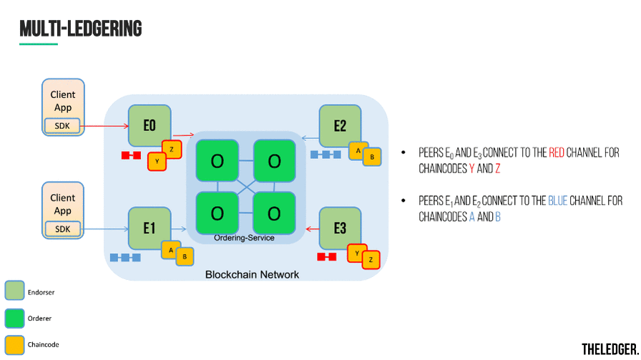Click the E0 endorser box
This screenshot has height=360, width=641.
[149, 126]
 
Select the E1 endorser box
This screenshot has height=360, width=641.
[149, 228]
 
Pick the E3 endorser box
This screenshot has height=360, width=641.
[340, 228]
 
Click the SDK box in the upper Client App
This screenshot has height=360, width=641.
[63, 127]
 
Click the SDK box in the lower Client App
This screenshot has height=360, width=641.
[63, 229]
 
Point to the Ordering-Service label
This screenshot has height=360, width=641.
[244, 238]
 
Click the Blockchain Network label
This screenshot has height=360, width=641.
[252, 274]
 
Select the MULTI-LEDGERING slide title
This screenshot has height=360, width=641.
[80, 28]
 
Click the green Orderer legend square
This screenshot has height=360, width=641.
[14, 318]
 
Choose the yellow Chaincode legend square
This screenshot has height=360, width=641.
[14, 344]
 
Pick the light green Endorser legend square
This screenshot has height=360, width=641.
[14, 291]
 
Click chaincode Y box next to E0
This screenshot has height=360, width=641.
[157, 162]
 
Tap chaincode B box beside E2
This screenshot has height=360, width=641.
[372, 157]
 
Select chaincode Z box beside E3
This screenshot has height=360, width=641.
[371, 259]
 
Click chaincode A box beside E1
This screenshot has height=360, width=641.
[171, 250]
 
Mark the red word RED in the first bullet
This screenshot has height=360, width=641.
[557, 153]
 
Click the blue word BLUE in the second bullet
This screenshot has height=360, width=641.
[557, 201]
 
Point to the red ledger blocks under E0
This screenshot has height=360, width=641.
[131, 155]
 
